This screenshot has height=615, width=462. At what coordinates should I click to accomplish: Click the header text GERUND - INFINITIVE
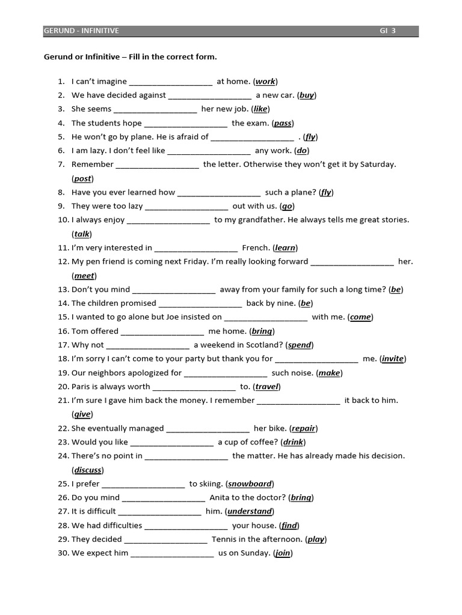pos(82,31)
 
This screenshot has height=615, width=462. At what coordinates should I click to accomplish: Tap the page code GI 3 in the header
pos(387,31)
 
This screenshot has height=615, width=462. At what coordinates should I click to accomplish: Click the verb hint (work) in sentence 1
pos(265,81)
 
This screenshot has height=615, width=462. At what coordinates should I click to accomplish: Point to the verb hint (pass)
pos(283,123)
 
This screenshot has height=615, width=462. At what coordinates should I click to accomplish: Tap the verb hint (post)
pos(83,178)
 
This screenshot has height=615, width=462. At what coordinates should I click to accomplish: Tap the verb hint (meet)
pos(84,276)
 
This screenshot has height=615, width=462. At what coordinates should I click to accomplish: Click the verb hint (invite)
pos(393,359)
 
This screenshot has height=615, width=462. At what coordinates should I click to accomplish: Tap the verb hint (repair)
pos(304,428)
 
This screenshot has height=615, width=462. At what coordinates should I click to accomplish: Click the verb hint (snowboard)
pos(250,483)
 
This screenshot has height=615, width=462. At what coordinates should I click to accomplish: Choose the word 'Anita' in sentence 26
pos(220,497)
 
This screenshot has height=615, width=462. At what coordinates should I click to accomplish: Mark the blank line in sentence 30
pos(172,553)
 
